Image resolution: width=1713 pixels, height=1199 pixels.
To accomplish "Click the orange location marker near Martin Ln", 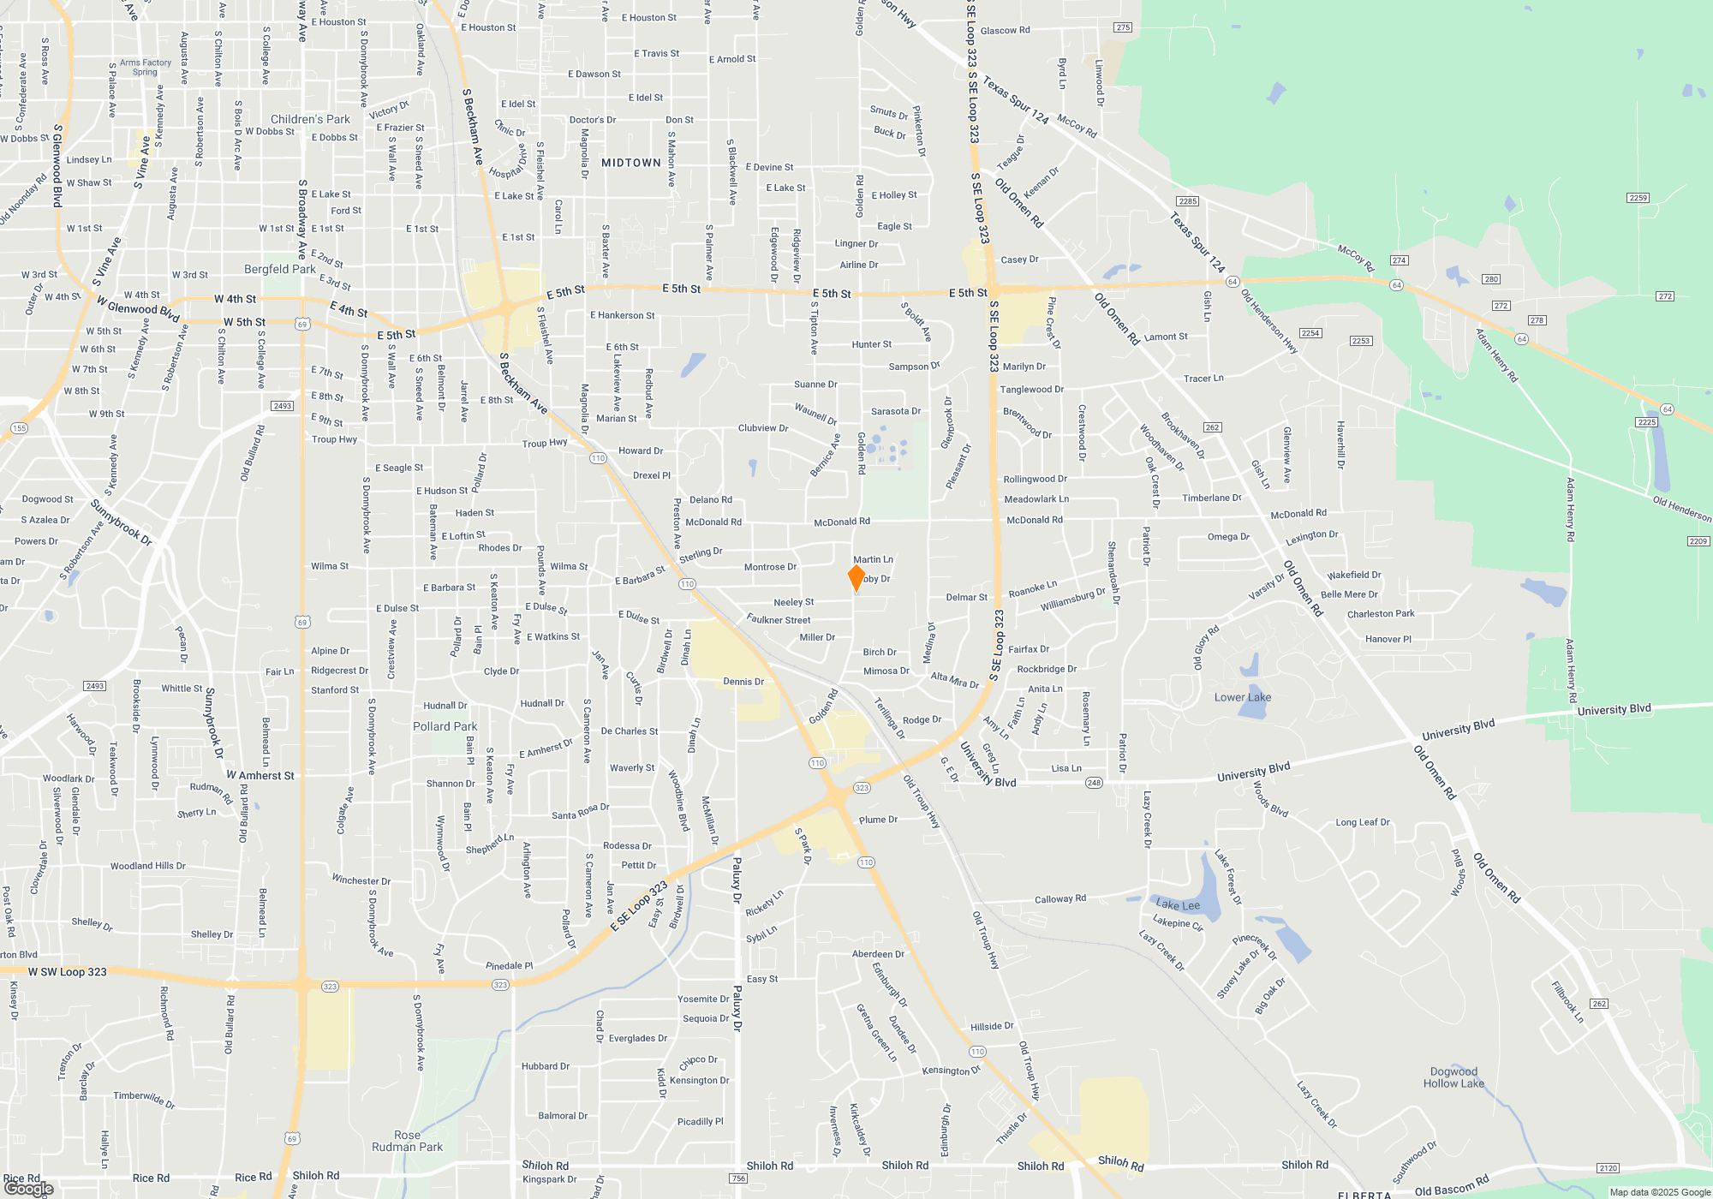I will [856, 577].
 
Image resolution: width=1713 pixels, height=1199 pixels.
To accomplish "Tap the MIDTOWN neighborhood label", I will [631, 163].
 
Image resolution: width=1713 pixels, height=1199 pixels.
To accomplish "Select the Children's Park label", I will [310, 119].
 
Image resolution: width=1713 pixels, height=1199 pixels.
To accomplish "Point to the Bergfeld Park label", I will [279, 269].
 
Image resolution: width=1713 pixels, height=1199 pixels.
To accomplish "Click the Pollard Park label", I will [445, 726].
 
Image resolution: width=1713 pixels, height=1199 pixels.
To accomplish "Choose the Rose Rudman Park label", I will [408, 1141].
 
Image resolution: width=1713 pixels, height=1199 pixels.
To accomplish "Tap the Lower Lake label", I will [1242, 697].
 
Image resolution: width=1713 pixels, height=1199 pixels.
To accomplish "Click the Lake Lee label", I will [1178, 904].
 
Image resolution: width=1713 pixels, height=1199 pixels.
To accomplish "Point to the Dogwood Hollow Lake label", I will [1453, 1077].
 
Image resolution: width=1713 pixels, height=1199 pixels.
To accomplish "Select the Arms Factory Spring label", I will [145, 67].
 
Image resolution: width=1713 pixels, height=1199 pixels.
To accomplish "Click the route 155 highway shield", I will [19, 428].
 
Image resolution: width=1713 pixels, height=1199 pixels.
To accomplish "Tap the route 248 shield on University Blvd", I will [1094, 783].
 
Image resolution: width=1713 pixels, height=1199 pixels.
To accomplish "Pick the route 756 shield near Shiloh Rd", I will [738, 1178].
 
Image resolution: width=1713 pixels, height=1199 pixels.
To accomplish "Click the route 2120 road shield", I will [1608, 1168].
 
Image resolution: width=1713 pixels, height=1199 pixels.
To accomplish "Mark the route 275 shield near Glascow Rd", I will [1123, 27].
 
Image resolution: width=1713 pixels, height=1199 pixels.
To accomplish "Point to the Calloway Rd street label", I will [1059, 898].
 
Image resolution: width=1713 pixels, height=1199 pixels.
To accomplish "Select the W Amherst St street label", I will [260, 775].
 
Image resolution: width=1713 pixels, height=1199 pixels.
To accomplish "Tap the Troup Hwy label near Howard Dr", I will [545, 443].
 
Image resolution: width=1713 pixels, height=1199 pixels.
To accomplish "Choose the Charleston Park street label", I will [1381, 613].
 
